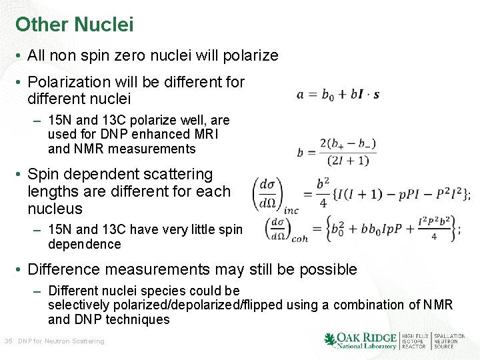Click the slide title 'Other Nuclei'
(75, 25)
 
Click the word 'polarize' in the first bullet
(252, 56)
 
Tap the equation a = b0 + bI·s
(338, 95)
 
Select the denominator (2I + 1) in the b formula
(343, 160)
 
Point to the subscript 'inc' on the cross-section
(291, 210)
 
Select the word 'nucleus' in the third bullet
(55, 209)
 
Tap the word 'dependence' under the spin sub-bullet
(85, 245)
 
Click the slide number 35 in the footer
(8, 341)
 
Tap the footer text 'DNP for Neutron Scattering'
(61, 341)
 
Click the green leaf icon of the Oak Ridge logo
(329, 339)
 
